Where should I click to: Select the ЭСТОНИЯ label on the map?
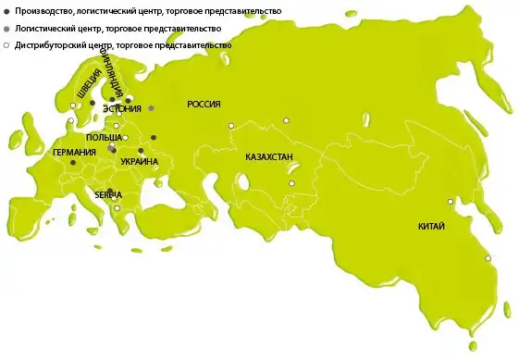point(121,108)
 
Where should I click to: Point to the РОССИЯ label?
point(204,105)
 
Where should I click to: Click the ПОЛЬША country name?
point(103,137)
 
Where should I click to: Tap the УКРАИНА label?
point(140,162)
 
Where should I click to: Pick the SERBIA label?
point(108,194)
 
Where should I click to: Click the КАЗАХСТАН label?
point(269,157)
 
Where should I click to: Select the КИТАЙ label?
point(431,226)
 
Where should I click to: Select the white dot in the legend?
point(7,44)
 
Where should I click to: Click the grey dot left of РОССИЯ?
point(151,107)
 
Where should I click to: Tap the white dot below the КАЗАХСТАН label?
point(290,183)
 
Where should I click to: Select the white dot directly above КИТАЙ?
point(451,201)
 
